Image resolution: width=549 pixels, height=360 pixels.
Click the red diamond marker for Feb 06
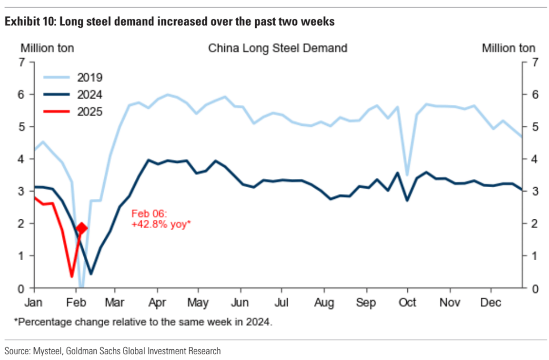coord(82,228)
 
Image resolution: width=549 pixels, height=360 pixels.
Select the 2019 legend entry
coord(90,78)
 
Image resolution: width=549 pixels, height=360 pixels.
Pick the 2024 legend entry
coord(90,95)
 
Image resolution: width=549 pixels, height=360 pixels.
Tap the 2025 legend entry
coord(90,111)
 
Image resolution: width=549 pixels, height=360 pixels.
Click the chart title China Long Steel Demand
coord(278,48)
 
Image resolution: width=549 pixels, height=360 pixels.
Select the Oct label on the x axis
coord(407,302)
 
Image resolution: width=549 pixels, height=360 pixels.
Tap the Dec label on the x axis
coord(491,302)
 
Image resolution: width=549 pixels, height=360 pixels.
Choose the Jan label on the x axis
coord(34,302)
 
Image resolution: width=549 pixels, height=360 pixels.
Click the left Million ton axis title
coord(48,48)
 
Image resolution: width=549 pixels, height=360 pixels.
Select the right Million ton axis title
coord(508,48)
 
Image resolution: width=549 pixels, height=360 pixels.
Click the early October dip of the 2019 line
coord(407,175)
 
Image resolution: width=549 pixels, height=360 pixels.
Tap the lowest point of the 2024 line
coord(91,274)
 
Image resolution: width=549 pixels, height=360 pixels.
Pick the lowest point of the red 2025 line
coord(71,277)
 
